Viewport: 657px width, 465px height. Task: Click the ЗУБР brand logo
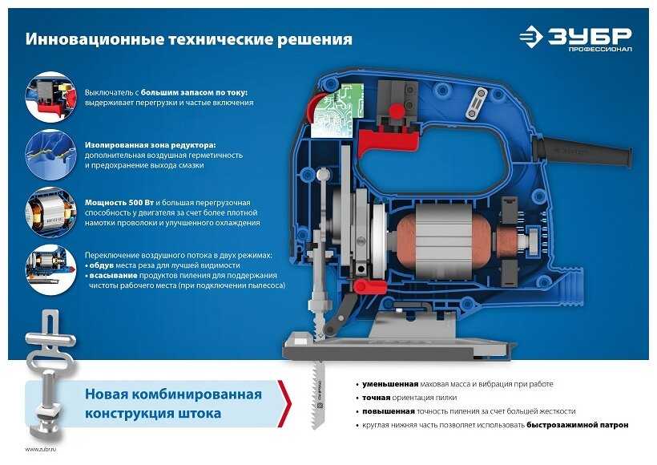coord(575,36)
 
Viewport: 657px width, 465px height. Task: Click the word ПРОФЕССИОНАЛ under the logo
coord(600,50)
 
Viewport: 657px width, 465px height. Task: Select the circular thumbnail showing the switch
coord(51,97)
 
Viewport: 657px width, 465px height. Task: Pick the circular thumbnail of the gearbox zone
coord(51,155)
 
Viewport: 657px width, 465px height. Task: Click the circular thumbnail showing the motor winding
coord(51,212)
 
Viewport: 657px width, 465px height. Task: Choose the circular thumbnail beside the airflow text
coord(51,270)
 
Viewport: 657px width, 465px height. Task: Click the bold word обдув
coord(102,265)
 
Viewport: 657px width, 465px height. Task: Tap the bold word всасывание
coord(113,276)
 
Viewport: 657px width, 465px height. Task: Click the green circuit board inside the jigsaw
coord(337,112)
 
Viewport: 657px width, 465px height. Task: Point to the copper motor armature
coord(443,243)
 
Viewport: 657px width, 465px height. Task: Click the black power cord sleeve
coord(582,149)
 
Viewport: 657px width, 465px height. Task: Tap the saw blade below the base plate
coord(317,394)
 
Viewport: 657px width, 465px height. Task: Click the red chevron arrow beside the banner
coord(285,403)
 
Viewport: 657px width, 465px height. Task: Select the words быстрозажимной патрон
coord(578,425)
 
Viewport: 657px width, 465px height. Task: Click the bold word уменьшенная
coord(390,384)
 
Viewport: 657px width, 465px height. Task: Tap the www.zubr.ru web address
coord(41,449)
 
